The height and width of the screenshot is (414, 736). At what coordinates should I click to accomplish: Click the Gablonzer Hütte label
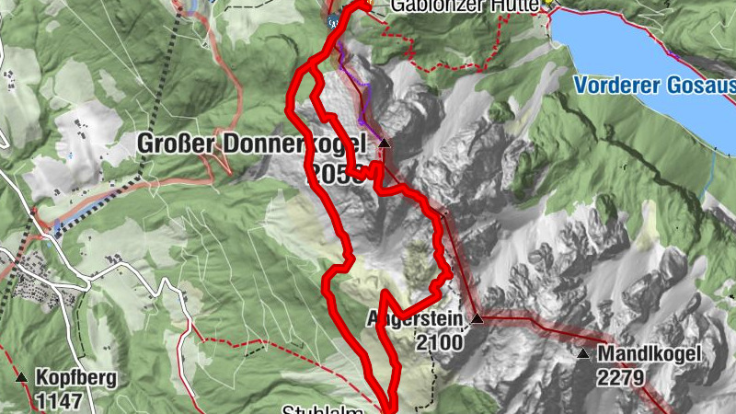coord(464,6)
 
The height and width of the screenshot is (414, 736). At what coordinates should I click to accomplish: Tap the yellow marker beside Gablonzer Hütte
coord(549,4)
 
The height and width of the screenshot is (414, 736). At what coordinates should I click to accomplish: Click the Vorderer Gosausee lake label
coord(654,86)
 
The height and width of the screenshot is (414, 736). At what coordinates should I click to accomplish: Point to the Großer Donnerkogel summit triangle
coord(385,144)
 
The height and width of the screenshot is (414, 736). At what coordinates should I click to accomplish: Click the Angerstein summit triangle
coord(477,319)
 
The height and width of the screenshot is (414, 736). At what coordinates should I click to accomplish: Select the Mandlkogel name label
coord(650,354)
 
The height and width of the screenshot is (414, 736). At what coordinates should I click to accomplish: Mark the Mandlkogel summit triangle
coord(583,353)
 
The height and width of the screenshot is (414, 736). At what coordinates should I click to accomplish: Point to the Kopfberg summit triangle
coord(21,377)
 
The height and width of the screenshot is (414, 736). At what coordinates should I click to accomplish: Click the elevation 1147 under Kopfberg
coord(61,400)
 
